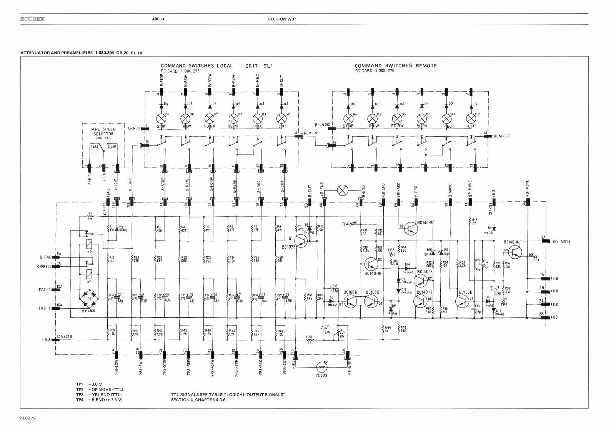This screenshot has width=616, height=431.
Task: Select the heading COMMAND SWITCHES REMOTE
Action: [x=396, y=66]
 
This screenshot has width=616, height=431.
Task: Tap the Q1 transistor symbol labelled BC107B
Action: [x=302, y=241]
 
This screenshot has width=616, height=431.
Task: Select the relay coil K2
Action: [x=88, y=244]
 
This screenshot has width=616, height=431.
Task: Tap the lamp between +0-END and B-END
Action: [x=342, y=190]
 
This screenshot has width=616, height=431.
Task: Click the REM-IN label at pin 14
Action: [x=310, y=134]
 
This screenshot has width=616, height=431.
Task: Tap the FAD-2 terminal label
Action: [x=45, y=287]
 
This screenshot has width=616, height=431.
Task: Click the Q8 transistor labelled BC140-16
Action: [x=411, y=229]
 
